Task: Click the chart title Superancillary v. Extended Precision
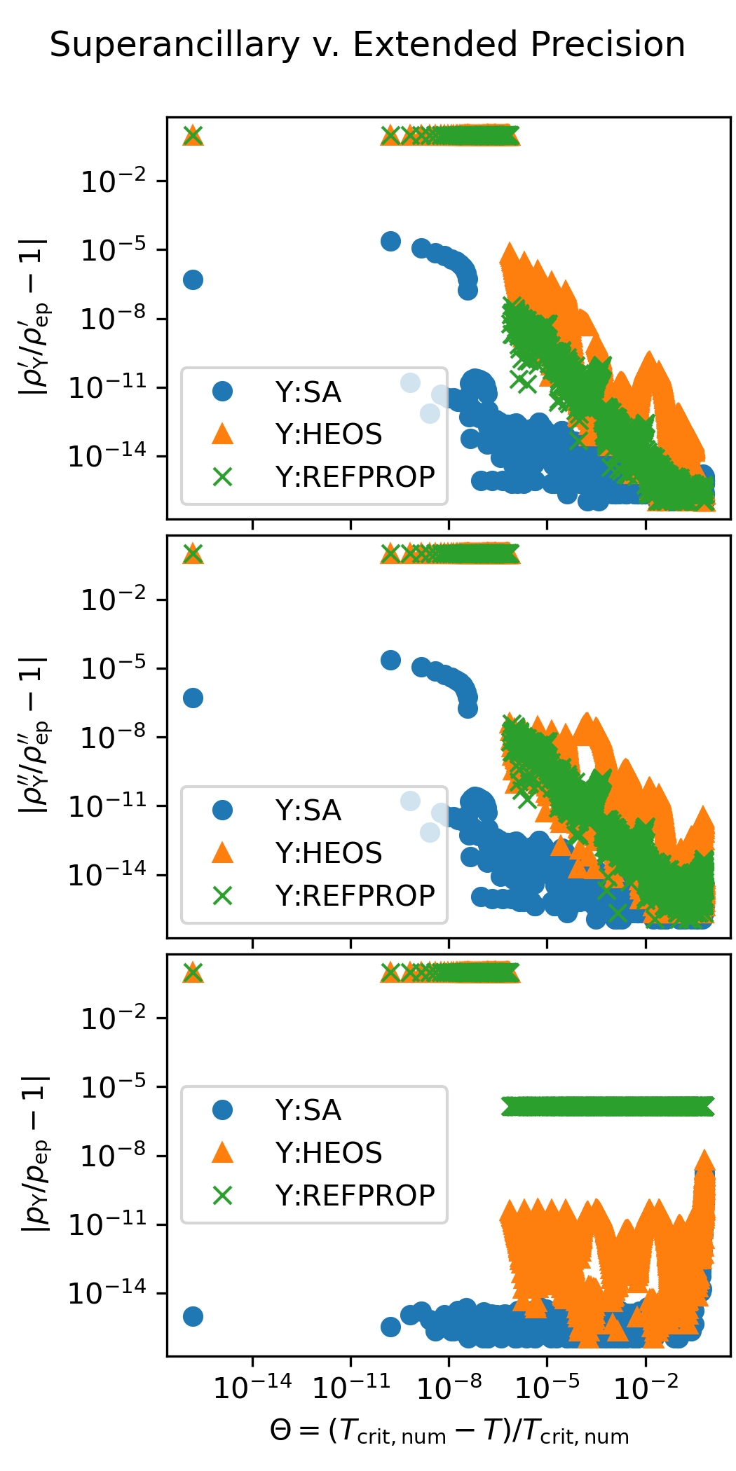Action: tap(367, 45)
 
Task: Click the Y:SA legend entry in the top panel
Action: tap(308, 392)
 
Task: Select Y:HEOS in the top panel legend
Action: tap(328, 434)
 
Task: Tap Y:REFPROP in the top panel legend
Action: tap(355, 477)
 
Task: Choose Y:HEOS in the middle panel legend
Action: tap(328, 853)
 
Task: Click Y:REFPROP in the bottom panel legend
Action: tap(355, 1195)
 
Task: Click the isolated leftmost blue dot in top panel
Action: tap(193, 280)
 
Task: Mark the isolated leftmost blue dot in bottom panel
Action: tap(193, 1316)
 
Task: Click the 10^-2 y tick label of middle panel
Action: tap(114, 600)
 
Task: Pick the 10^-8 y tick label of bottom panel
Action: tap(114, 1156)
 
